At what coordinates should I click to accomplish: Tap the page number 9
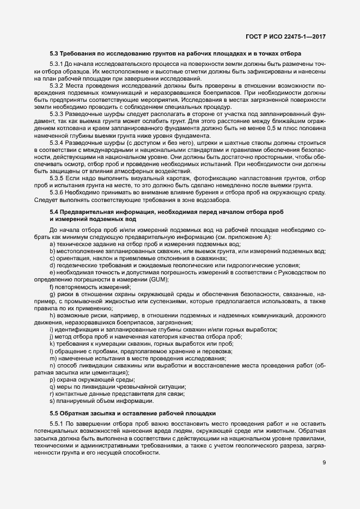click(324, 463)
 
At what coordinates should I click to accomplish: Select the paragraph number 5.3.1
click(57, 65)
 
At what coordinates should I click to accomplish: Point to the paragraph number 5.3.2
click(57, 86)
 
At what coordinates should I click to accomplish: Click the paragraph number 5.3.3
click(57, 114)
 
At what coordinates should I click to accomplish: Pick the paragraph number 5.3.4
click(57, 142)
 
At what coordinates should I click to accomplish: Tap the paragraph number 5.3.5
click(57, 177)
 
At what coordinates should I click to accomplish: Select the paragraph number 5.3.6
click(57, 192)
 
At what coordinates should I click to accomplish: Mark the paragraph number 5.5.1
click(57, 424)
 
